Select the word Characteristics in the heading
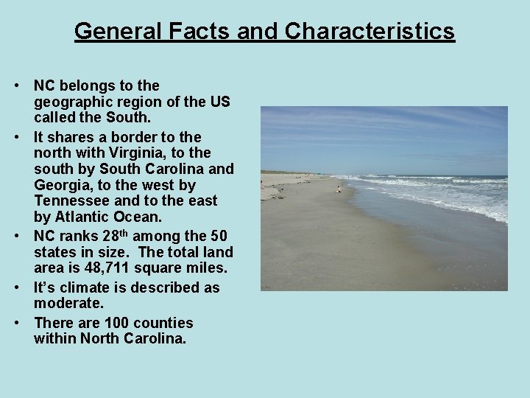pos(370,31)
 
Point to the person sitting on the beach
pos(339,189)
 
